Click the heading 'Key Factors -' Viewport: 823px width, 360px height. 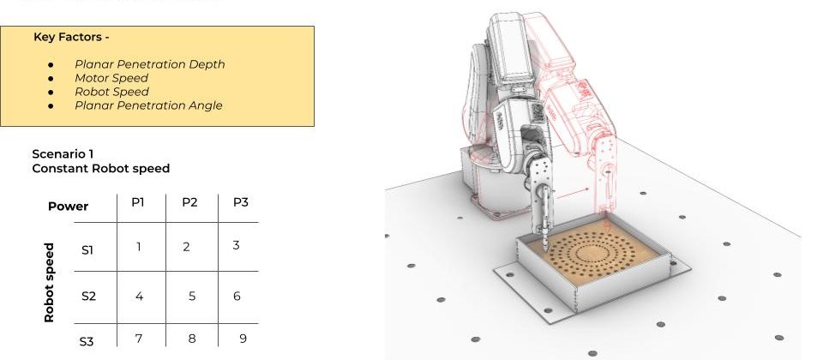71,37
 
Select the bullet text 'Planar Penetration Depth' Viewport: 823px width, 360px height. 149,64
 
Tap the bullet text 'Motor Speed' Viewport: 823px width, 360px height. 111,78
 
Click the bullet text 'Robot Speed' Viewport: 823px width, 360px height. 111,92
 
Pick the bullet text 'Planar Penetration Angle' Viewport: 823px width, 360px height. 148,105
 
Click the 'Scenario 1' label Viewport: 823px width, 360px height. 63,153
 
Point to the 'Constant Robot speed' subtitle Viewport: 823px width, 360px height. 100,168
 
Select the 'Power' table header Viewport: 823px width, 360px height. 68,207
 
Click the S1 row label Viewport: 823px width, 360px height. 87,250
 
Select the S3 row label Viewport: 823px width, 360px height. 87,341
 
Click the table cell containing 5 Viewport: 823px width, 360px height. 192,297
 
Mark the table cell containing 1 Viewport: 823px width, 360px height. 139,247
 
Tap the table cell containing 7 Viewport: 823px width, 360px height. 139,339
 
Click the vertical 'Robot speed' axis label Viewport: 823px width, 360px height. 49,282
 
